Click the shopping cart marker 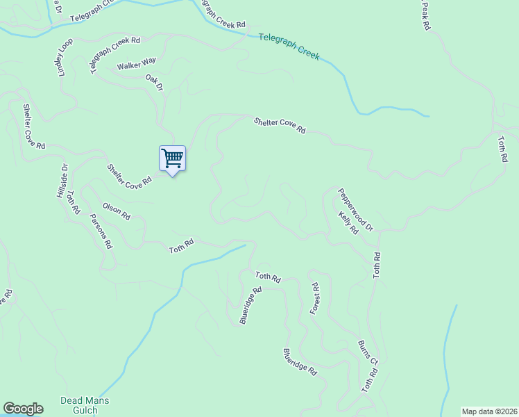click(x=172, y=159)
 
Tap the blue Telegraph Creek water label click(x=289, y=46)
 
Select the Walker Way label click(x=137, y=65)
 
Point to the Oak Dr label click(x=154, y=83)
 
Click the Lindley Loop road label click(x=64, y=58)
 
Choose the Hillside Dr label click(x=61, y=181)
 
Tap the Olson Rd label click(x=116, y=211)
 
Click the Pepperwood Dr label click(x=356, y=209)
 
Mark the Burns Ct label click(x=368, y=353)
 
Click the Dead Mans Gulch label click(x=85, y=405)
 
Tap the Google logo click(x=23, y=409)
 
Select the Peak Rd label click(x=425, y=15)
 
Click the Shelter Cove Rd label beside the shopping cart click(x=129, y=177)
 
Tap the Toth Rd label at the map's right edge click(x=502, y=149)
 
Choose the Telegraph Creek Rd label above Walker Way click(x=115, y=56)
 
